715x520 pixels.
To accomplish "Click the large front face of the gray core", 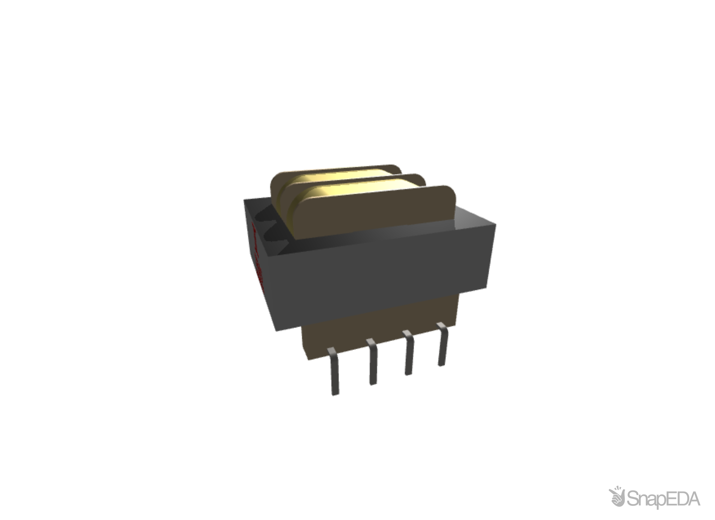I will [381, 278].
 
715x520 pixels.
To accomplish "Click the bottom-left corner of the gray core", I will [276, 330].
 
